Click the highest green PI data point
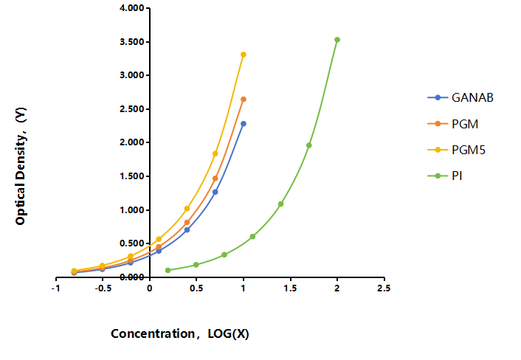(x=337, y=40)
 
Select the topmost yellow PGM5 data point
(x=244, y=55)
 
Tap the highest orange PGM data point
(x=244, y=100)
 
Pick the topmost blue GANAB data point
(x=244, y=124)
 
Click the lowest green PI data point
(x=168, y=270)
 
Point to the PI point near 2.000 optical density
(x=309, y=145)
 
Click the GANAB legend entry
(x=460, y=97)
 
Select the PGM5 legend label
(x=469, y=150)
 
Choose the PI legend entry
(x=445, y=176)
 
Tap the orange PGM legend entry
(x=453, y=124)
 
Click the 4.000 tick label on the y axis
(x=132, y=7)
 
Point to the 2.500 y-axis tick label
(x=132, y=109)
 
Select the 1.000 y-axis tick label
(x=132, y=210)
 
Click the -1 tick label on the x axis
(x=56, y=288)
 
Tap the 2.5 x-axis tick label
(x=384, y=288)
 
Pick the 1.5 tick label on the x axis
(x=290, y=288)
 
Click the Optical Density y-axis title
(x=21, y=166)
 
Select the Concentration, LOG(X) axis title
(x=180, y=333)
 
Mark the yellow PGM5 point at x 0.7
(x=215, y=153)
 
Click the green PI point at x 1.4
(x=280, y=204)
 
